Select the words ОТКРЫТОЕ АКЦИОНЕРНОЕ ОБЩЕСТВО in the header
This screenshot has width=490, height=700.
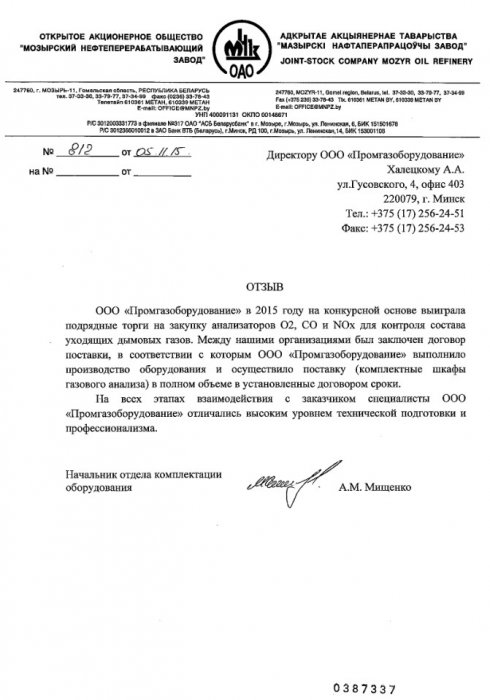coord(118,33)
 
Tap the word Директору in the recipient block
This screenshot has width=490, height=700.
coord(306,157)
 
